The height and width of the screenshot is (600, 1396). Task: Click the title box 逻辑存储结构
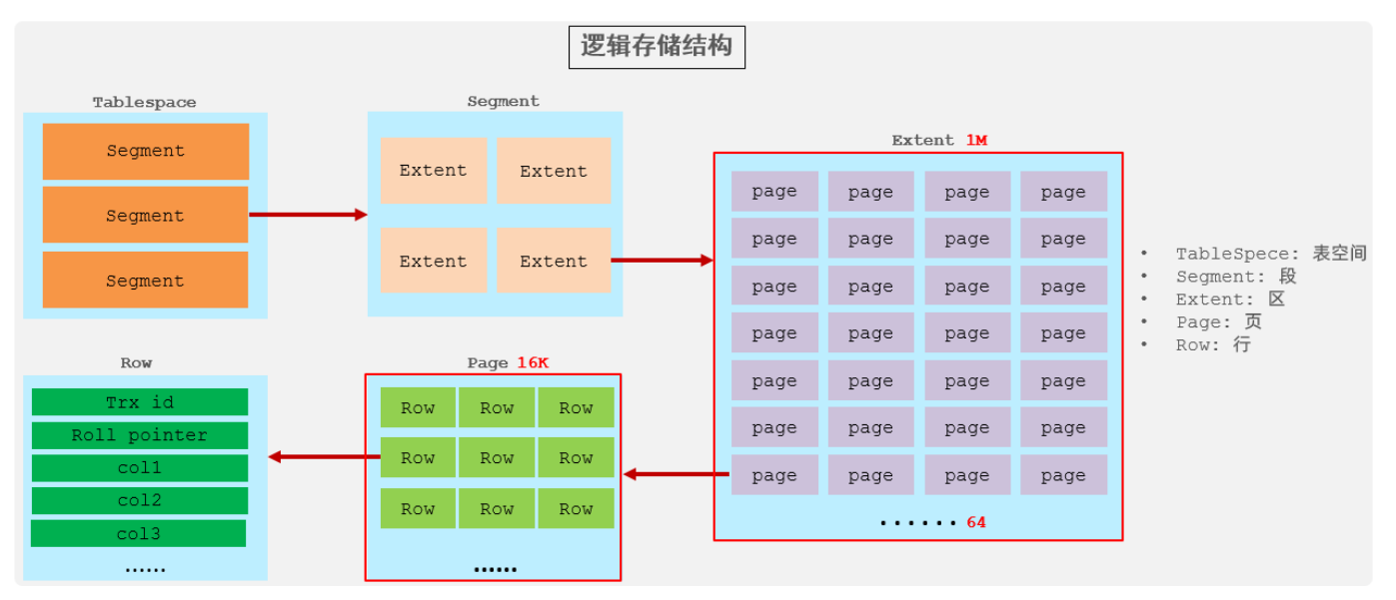657,47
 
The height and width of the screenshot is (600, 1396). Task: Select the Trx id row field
140,402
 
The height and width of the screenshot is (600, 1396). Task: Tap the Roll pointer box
140,435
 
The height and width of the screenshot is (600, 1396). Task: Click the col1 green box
140,467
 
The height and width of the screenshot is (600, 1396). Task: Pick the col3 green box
138,533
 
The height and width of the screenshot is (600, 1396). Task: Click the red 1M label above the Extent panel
976,140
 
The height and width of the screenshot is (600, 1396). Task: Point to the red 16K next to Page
533,362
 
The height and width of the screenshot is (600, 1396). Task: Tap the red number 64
976,522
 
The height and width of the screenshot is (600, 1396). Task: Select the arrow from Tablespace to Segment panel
308,215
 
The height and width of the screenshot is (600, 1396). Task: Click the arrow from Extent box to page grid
662,261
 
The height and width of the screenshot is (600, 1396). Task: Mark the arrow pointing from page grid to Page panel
677,474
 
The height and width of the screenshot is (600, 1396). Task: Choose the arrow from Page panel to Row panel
324,457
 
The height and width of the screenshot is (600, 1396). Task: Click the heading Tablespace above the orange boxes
145,102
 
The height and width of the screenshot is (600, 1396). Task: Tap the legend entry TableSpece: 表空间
1271,254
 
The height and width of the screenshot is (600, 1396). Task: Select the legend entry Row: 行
1213,344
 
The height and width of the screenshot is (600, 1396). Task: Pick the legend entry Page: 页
1219,321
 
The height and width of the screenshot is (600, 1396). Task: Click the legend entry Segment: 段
1236,277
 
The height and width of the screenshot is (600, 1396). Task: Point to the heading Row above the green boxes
137,362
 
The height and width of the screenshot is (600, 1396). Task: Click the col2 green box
140,500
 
